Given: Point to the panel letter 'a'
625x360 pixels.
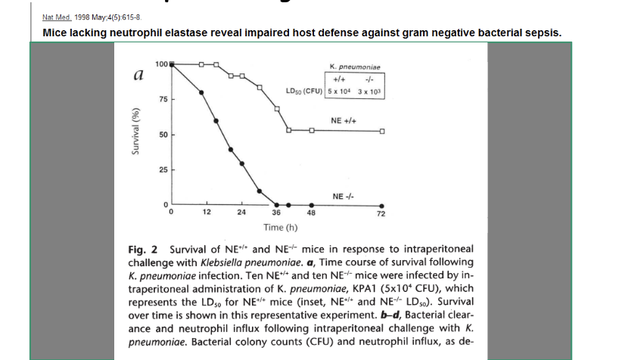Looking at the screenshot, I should click(138, 75).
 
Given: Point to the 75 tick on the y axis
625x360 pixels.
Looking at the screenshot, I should click(162, 100).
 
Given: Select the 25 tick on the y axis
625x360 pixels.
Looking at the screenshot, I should click(162, 169).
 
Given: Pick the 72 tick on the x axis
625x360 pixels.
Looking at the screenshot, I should click(381, 214).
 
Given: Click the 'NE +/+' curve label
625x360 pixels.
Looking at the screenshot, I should click(344, 120).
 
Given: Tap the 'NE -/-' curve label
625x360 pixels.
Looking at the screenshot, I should click(344, 196).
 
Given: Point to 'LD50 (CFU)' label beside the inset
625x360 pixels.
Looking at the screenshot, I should click(304, 92).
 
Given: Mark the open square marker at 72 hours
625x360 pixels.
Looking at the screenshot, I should click(382, 131).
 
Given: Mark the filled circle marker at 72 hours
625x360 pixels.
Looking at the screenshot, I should click(381, 205).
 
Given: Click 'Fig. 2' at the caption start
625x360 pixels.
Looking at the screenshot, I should click(140, 249).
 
